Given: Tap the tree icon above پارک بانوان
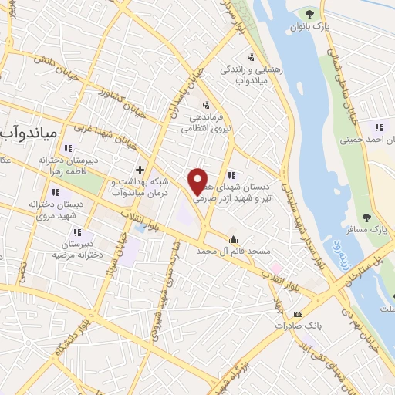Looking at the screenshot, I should (x=309, y=13).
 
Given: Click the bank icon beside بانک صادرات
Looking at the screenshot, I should (x=299, y=313).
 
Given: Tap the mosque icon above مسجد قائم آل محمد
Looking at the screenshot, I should (x=234, y=238).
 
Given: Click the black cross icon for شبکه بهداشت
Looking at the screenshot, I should (x=140, y=170).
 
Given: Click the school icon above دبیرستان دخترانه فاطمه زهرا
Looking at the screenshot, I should (x=68, y=148).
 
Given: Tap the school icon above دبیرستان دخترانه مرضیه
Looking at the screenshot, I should (x=76, y=231).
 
